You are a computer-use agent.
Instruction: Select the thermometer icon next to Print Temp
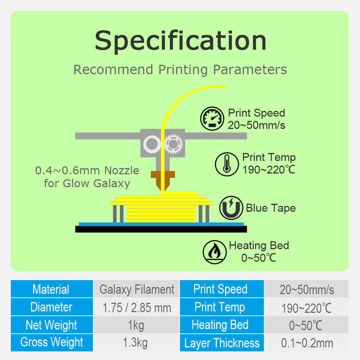tap(226, 164)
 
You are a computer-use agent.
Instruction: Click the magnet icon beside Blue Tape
tap(230, 207)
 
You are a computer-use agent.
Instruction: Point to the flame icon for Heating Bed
tap(214, 252)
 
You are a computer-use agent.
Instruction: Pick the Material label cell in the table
tap(51, 289)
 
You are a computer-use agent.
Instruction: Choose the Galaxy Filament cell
tap(136, 289)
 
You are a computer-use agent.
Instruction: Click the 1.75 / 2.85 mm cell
tap(136, 307)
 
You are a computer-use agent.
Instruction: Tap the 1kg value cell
tap(136, 325)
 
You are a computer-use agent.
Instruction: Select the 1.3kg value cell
tap(136, 342)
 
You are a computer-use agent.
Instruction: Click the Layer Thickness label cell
tap(222, 343)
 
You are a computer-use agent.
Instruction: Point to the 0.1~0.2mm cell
tap(307, 343)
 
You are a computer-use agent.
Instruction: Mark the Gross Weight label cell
tap(51, 342)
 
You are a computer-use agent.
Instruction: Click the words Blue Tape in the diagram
tap(270, 208)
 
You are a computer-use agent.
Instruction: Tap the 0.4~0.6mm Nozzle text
tap(87, 171)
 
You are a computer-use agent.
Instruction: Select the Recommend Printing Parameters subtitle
tap(180, 70)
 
